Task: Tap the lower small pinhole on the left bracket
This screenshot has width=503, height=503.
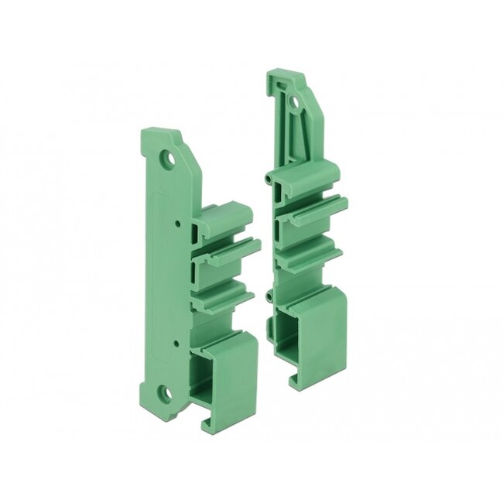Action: pyautogui.click(x=177, y=342)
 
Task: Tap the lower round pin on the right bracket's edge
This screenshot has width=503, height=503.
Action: pyautogui.click(x=269, y=296)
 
